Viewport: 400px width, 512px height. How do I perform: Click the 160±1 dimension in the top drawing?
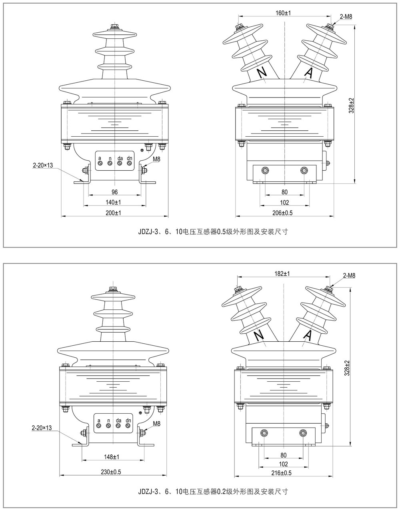coord(283,13)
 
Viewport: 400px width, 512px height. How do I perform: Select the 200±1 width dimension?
coord(114,213)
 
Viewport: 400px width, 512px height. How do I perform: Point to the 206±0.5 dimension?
coord(283,213)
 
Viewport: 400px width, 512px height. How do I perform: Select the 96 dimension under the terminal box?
coord(114,192)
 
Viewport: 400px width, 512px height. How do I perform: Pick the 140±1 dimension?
coord(114,202)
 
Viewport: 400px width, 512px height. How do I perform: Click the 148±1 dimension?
coord(112,457)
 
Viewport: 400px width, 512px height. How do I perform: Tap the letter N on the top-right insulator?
coord(262,73)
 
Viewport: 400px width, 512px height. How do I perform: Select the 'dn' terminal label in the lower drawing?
coord(128,420)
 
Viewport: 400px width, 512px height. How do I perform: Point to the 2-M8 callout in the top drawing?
coord(346,17)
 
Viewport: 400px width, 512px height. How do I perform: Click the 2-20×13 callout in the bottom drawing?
coord(42,428)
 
